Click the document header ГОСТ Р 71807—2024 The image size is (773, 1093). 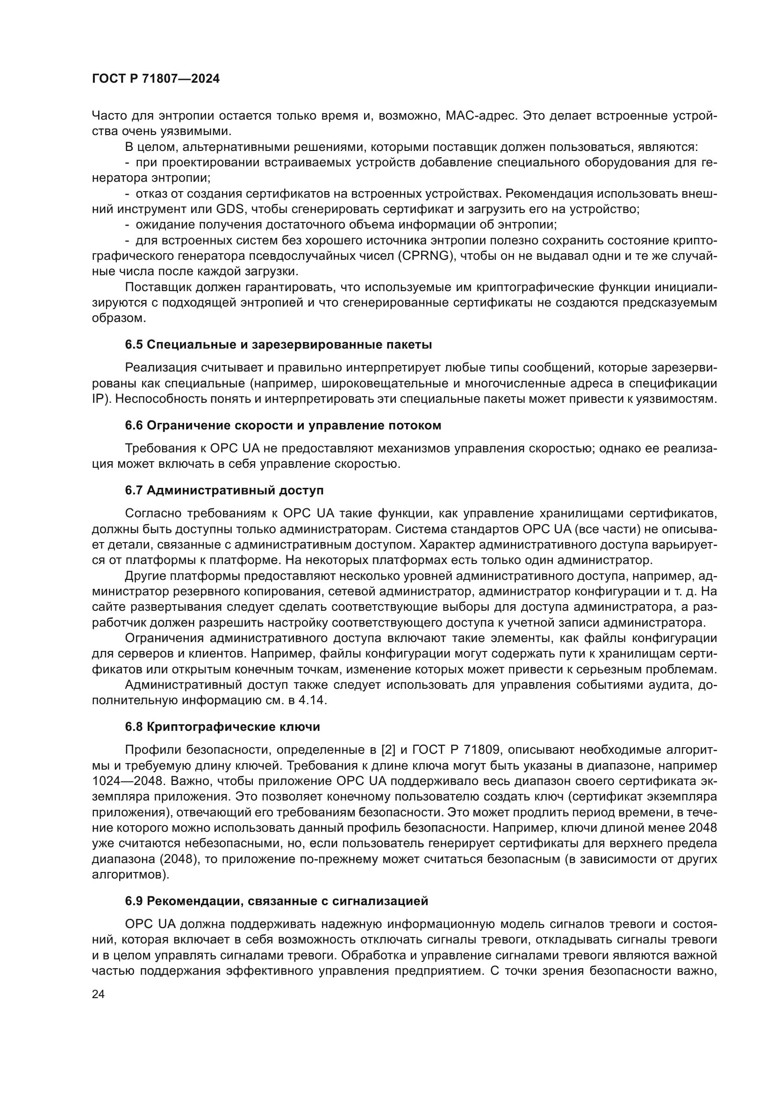(x=156, y=79)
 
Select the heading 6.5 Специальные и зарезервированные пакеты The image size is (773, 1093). (x=279, y=345)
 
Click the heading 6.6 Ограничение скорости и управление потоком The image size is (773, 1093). (x=283, y=426)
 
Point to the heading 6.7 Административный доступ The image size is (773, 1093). (x=224, y=490)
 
